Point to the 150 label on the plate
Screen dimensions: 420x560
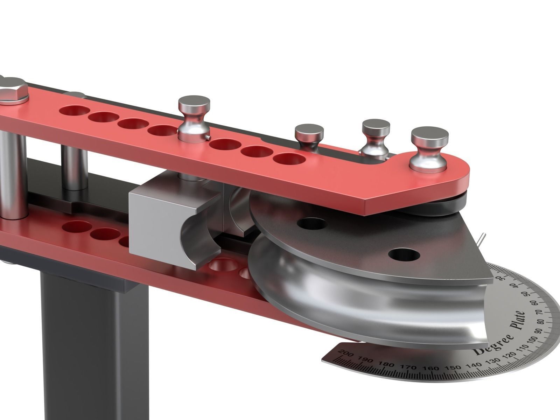click(454, 368)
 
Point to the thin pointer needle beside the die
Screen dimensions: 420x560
click(482, 239)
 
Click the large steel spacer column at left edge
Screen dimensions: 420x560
click(12, 175)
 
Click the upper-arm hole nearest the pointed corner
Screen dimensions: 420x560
click(289, 159)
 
